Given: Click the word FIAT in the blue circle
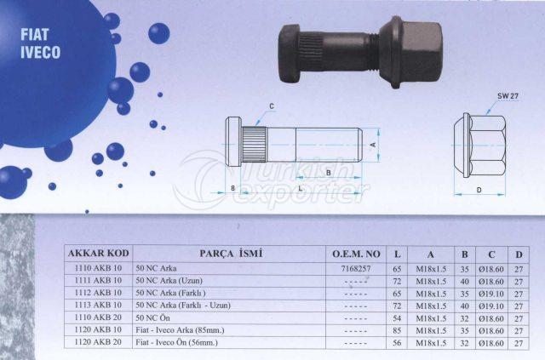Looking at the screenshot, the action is pyautogui.click(x=35, y=35).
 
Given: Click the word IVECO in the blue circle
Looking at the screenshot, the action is pyautogui.click(x=40, y=52).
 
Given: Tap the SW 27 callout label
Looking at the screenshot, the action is pyautogui.click(x=508, y=96).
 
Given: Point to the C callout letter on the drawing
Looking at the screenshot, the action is pyautogui.click(x=272, y=106).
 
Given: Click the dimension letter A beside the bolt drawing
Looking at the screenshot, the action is pyautogui.click(x=373, y=144).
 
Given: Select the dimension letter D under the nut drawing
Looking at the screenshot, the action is pyautogui.click(x=479, y=190).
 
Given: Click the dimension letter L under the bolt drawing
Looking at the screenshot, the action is pyautogui.click(x=301, y=188).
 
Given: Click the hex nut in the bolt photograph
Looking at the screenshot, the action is pyautogui.click(x=411, y=51).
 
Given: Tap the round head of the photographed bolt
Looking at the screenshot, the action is pyautogui.click(x=290, y=54).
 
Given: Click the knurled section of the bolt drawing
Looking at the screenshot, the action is pyautogui.click(x=255, y=145).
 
